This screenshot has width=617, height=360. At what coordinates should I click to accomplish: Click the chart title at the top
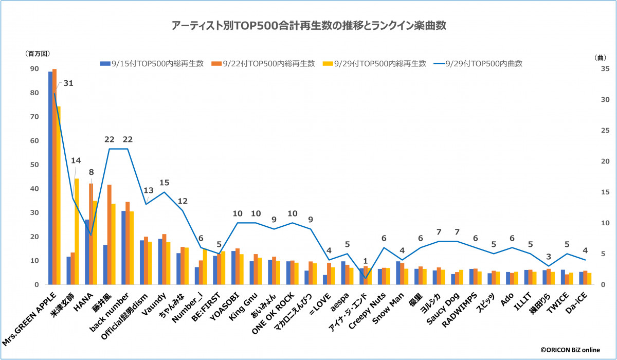click(x=308, y=25)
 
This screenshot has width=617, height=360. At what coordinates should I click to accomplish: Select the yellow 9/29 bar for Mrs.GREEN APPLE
click(x=59, y=195)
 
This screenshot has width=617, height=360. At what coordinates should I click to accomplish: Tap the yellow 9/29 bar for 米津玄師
click(x=77, y=231)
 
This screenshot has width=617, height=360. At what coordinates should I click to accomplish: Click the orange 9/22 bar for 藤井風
click(x=109, y=235)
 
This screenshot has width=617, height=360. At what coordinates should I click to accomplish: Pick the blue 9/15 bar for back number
click(x=123, y=247)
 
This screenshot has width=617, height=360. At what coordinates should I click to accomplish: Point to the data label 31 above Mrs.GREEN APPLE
click(x=68, y=83)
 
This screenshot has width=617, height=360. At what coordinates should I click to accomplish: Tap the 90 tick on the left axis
click(x=34, y=69)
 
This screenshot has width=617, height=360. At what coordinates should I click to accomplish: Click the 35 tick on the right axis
click(x=591, y=69)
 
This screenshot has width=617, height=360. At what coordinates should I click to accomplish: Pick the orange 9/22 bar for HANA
click(x=91, y=234)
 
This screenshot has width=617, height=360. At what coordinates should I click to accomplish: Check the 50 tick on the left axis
click(x=34, y=165)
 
